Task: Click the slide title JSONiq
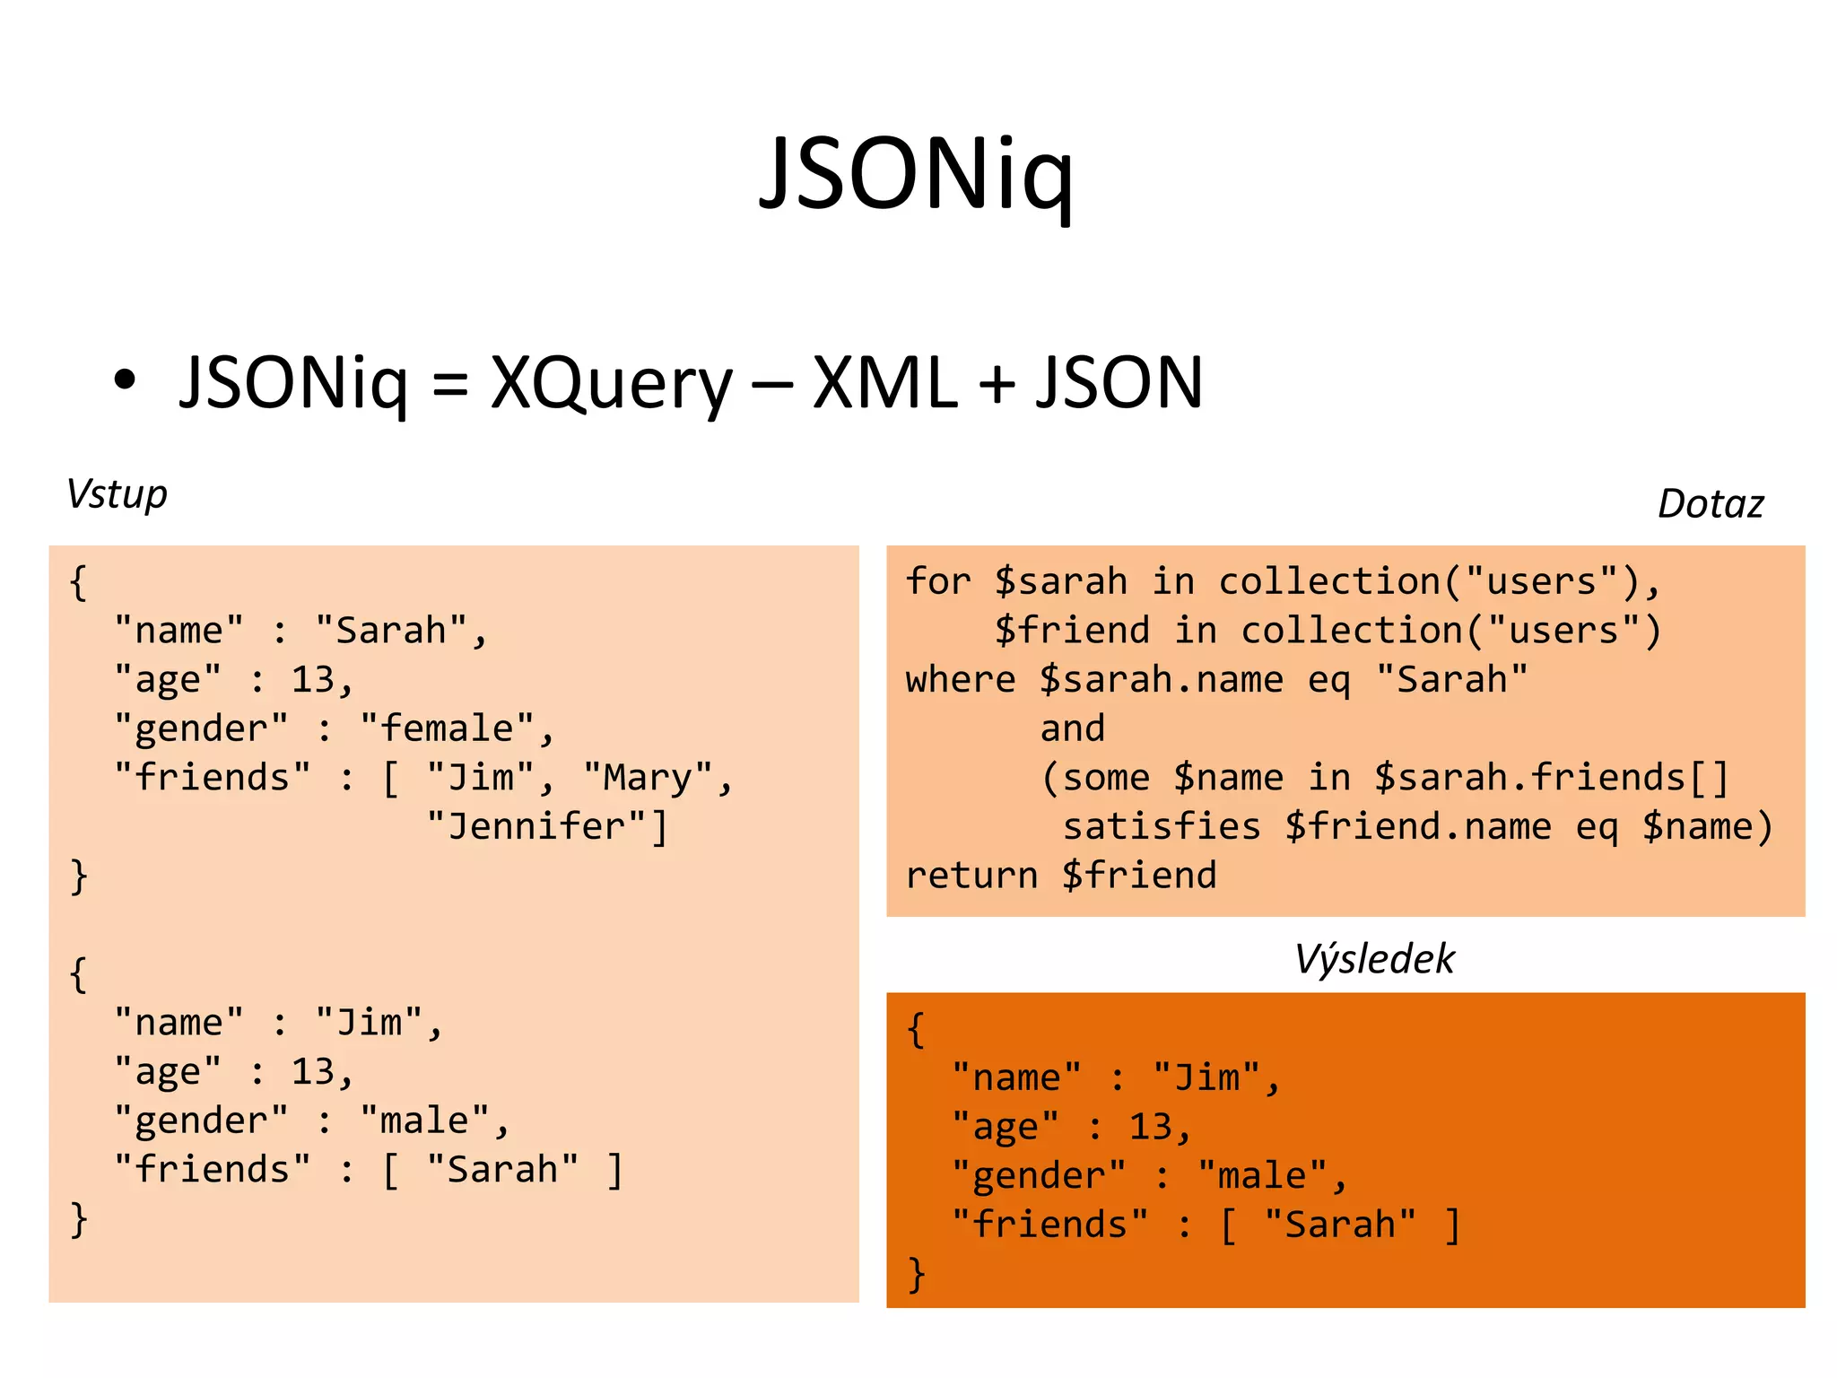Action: pyautogui.click(x=916, y=175)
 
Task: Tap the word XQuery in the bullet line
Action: pyautogui.click(x=612, y=384)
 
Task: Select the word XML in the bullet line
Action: pyautogui.click(x=885, y=384)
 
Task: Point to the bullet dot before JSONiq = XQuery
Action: pyautogui.click(x=125, y=379)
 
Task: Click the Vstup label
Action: pyautogui.click(x=117, y=495)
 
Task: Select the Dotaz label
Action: pyautogui.click(x=1710, y=504)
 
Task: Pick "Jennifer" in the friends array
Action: pyautogui.click(x=536, y=826)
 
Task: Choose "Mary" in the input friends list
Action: pyautogui.click(x=648, y=778)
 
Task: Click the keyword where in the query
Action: pyautogui.click(x=961, y=680)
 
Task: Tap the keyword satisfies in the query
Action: pyautogui.click(x=1162, y=826)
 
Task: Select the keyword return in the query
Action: pyautogui.click(x=971, y=876)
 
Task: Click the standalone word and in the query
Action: pyautogui.click(x=1072, y=728)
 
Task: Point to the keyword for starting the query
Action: pyautogui.click(x=938, y=581)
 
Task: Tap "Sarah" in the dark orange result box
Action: pyautogui.click(x=1340, y=1225)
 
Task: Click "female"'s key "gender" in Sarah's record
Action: pyautogui.click(x=202, y=728)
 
